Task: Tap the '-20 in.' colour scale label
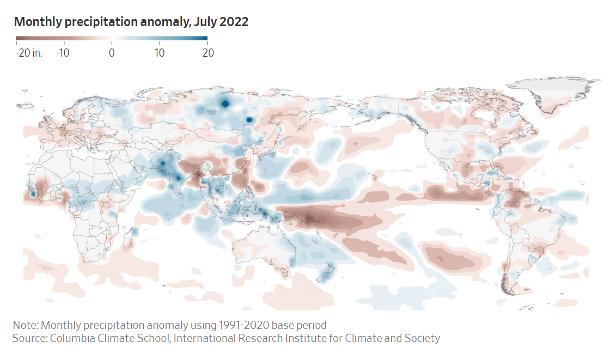coord(29,53)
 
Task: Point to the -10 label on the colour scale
coord(64,53)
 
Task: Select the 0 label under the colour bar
coord(112,53)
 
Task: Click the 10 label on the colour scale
coord(159,53)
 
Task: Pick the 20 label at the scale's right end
coord(207,53)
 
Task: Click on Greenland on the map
coord(550,90)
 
